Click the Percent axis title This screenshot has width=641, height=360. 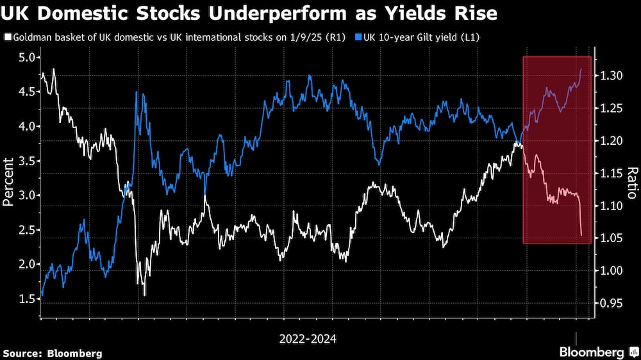pyautogui.click(x=8, y=179)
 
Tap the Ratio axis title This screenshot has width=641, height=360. pyautogui.click(x=631, y=183)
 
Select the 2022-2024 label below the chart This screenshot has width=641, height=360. pyautogui.click(x=308, y=338)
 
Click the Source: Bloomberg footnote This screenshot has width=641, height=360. pyautogui.click(x=53, y=353)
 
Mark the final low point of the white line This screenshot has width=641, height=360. pyautogui.click(x=581, y=235)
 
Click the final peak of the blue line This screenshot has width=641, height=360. pyautogui.click(x=581, y=69)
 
